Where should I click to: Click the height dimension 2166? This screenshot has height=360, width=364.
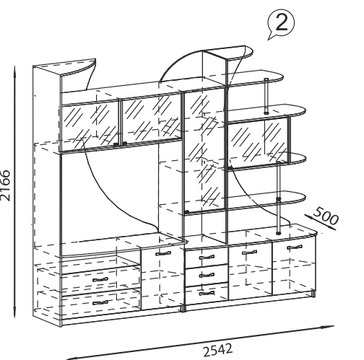pos(5,185)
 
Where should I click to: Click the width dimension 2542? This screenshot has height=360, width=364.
pos(218,350)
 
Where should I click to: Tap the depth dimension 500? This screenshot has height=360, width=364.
pos(326,216)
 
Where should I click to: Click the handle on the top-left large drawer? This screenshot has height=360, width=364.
pos(100,280)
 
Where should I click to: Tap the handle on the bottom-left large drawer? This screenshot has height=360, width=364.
pos(100,303)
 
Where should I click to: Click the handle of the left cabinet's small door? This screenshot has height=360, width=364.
pos(163,253)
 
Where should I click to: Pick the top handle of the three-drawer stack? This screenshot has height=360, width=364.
pos(207,258)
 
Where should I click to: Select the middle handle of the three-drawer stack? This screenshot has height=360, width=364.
pos(207,275)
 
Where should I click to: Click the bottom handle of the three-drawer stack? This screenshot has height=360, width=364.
pos(207,293)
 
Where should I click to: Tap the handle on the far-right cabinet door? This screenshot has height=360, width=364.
pos(295,247)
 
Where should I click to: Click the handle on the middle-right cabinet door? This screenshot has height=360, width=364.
pos(249,253)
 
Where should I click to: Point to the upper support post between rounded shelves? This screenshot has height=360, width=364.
pos(266,95)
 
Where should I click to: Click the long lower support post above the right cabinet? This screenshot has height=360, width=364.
pos(279,198)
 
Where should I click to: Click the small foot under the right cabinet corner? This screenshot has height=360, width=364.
pos(313,294)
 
